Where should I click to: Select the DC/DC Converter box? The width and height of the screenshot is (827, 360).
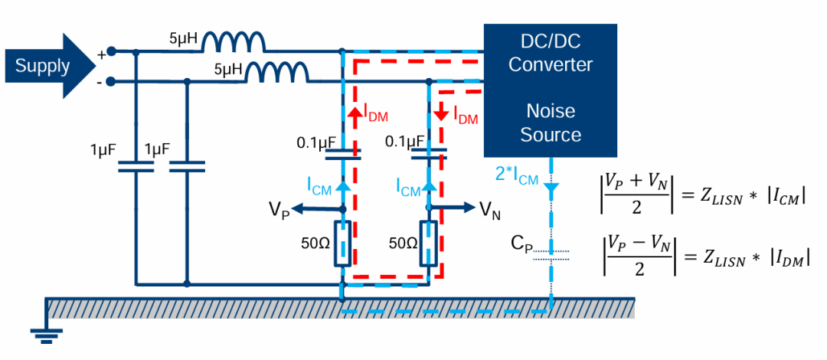(x=550, y=89)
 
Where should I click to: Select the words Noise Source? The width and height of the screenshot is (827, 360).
(x=550, y=123)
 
